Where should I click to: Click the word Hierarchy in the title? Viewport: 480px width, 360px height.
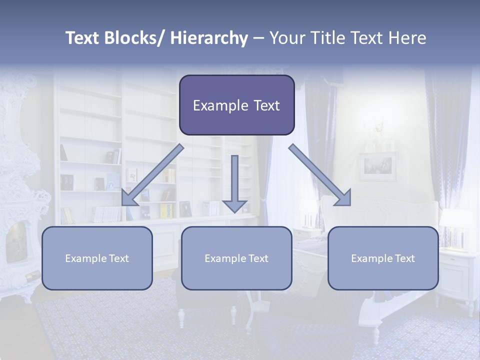[x=209, y=38]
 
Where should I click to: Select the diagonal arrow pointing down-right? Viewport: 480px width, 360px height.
[x=319, y=175]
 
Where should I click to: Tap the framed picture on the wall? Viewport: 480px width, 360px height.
[x=377, y=166]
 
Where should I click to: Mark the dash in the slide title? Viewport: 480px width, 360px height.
[x=258, y=38]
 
